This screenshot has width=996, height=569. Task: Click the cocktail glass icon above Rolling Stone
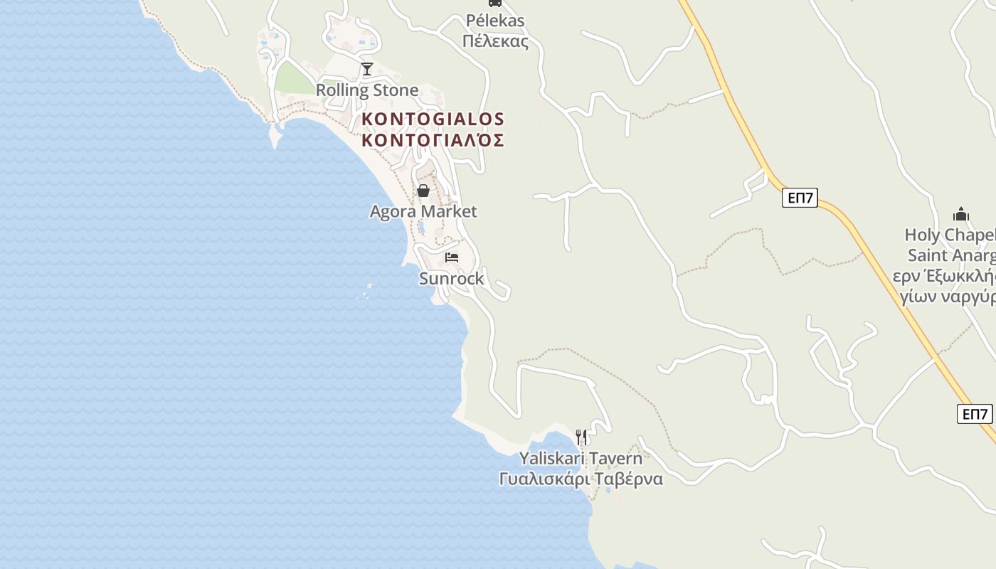(367, 69)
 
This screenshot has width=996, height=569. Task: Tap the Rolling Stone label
(367, 90)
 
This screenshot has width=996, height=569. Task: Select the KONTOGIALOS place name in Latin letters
(433, 119)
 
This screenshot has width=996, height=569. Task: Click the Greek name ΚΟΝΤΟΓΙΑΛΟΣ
(433, 139)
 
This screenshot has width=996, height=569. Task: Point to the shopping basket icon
(423, 191)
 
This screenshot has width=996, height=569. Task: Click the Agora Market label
(423, 211)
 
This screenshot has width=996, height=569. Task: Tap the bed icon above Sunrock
(452, 257)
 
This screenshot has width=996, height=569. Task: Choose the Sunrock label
(451, 279)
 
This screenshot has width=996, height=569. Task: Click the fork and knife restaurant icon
(581, 437)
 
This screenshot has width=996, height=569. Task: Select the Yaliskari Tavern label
(581, 458)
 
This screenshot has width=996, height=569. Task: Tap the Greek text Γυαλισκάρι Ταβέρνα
(581, 479)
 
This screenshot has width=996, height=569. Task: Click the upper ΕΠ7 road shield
(800, 198)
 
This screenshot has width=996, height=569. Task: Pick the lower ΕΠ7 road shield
(974, 414)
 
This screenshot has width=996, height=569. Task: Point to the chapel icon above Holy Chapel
(961, 214)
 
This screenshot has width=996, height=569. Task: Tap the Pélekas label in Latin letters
(495, 21)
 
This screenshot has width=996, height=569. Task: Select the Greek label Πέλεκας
(495, 41)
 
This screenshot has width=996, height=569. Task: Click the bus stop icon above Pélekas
(495, 3)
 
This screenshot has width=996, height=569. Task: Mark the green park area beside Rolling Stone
(293, 79)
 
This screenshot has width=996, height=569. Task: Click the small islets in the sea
(364, 292)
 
